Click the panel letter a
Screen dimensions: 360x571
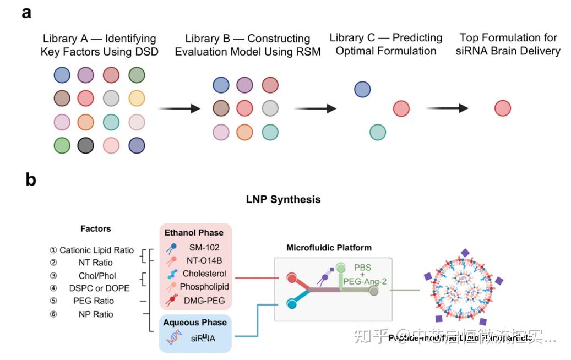pyautogui.click(x=26, y=13)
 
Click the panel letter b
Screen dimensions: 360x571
pyautogui.click(x=30, y=179)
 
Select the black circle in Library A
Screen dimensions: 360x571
pyautogui.click(x=86, y=145)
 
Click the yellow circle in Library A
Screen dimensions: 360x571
pyautogui.click(x=137, y=99)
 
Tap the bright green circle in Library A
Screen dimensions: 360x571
pyautogui.click(x=62, y=145)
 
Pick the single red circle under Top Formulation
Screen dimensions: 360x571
pyautogui.click(x=503, y=108)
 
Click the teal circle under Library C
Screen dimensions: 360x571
pyautogui.click(x=377, y=132)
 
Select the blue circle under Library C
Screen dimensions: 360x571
pyautogui.click(x=362, y=89)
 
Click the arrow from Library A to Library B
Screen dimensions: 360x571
pyautogui.click(x=179, y=108)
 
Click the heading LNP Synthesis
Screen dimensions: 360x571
pyautogui.click(x=283, y=199)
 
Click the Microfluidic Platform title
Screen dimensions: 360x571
pyautogui.click(x=329, y=248)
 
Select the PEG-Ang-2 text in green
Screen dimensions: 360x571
pyautogui.click(x=365, y=282)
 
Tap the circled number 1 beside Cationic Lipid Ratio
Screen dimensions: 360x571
pyautogui.click(x=53, y=250)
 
